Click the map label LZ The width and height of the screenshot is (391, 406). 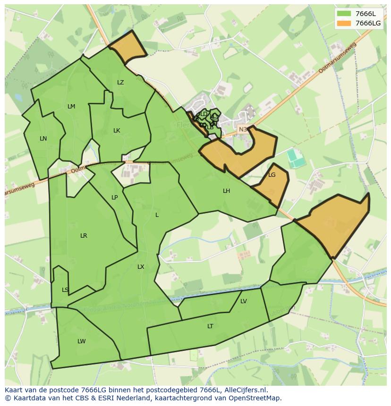[120, 83]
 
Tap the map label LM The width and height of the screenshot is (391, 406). [71, 107]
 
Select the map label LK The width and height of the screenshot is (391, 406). [117, 131]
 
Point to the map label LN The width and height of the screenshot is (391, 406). [43, 139]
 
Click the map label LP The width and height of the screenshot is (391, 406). [115, 198]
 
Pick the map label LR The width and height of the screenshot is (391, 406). [84, 236]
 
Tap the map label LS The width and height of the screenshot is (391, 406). [65, 290]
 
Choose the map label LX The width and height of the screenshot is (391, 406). [141, 267]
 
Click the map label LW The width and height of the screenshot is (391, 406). [82, 341]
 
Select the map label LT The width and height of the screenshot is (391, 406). [210, 326]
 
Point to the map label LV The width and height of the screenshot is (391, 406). [244, 301]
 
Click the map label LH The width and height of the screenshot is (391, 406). [227, 191]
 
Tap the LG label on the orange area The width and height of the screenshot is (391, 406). [272, 175]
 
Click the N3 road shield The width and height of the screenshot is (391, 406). [243, 129]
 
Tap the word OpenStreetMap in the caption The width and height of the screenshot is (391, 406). [255, 398]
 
